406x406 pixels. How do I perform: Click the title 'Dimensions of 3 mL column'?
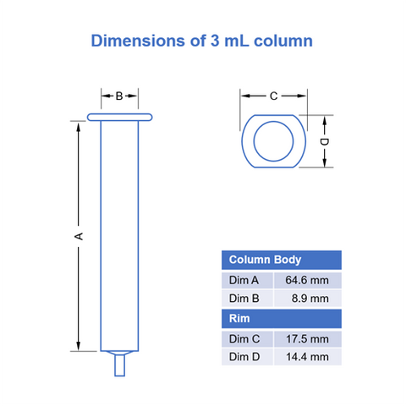click(x=202, y=40)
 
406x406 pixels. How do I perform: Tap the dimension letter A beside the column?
click(x=79, y=236)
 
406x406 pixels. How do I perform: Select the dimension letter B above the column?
click(x=120, y=96)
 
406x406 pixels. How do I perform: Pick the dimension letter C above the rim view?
click(x=273, y=96)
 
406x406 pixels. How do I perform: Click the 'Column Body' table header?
click(x=266, y=261)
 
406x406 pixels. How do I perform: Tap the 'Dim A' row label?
click(x=246, y=280)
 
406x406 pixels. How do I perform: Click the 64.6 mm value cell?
click(x=307, y=280)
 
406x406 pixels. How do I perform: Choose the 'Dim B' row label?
click(x=246, y=299)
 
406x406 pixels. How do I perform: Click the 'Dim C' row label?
click(x=246, y=338)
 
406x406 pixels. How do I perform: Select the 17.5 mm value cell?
click(x=307, y=338)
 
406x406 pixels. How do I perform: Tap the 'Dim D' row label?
click(x=246, y=357)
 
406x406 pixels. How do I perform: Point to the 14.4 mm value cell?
click(x=307, y=357)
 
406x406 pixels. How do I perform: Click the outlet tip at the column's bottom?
click(x=120, y=365)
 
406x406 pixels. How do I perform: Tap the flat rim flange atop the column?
click(x=120, y=117)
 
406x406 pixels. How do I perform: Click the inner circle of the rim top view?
click(x=272, y=141)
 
